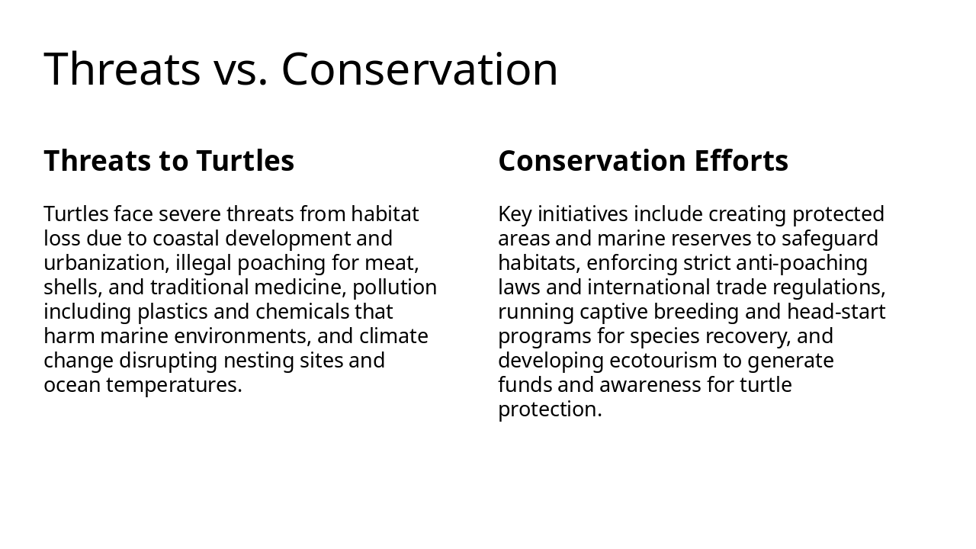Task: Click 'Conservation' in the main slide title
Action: click(419, 69)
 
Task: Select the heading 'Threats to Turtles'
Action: click(169, 161)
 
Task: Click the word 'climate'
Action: click(393, 336)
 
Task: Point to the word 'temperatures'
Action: click(174, 385)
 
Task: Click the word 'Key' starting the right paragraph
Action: click(512, 213)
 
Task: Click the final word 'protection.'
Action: click(550, 409)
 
